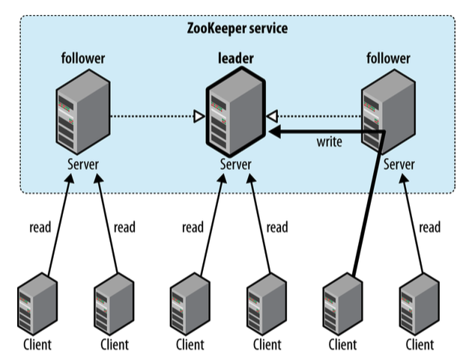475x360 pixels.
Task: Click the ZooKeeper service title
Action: click(237, 28)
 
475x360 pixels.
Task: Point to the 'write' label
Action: click(330, 142)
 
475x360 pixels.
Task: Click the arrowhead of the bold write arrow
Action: click(274, 132)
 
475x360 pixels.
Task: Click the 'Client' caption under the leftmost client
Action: click(36, 344)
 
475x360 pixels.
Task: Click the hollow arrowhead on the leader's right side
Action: click(273, 116)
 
